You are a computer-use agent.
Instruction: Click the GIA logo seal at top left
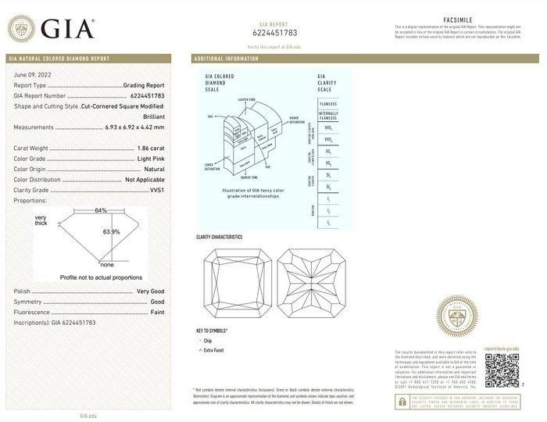(x=23, y=29)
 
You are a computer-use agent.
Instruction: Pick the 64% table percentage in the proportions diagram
(x=101, y=211)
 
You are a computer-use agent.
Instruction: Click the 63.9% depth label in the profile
(x=112, y=232)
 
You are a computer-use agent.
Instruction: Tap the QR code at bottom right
(x=502, y=370)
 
